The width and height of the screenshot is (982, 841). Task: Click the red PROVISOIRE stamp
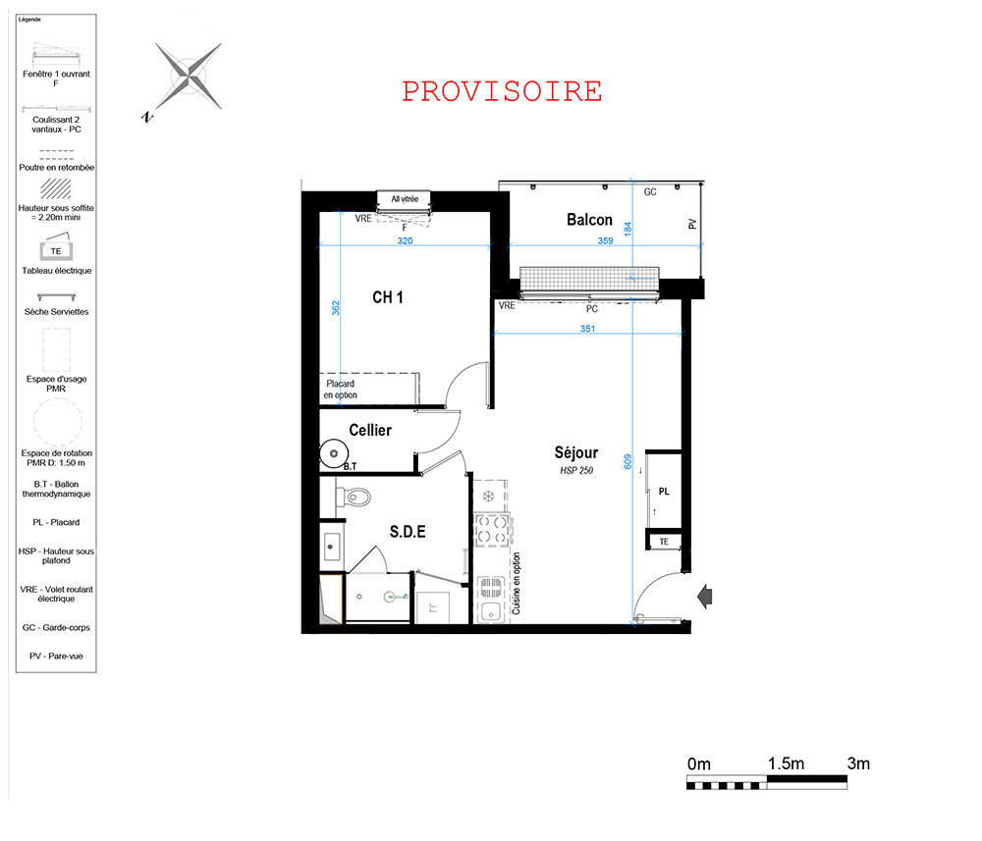pos(502,91)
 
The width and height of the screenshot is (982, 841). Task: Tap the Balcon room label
pos(589,220)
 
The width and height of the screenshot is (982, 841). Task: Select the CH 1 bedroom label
pos(388,297)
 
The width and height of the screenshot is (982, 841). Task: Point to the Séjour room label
pos(576,452)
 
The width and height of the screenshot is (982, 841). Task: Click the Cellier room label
pos(370,430)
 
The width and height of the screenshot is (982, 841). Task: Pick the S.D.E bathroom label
pos(408,532)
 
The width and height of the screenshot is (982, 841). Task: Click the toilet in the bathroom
pos(354,499)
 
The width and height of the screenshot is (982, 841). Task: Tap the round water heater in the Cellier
pos(334,453)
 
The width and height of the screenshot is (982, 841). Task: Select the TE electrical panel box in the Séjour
pos(664,542)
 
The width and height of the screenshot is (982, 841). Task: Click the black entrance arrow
pos(704,597)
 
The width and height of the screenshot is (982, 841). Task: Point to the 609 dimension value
pos(628,462)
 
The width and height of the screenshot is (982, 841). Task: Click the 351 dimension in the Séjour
pos(587,329)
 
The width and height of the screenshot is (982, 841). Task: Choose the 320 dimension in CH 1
pos(406,240)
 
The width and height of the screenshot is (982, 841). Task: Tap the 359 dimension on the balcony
pos(605,240)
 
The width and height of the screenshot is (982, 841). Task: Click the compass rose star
pos(189,77)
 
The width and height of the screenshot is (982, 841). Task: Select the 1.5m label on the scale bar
pos(786,763)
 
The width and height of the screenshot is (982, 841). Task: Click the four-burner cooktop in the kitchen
pos(492,529)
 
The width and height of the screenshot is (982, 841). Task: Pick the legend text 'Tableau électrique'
pos(56,270)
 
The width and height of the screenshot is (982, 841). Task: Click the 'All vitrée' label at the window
pos(405,199)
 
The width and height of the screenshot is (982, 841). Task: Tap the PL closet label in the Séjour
pos(664,492)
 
